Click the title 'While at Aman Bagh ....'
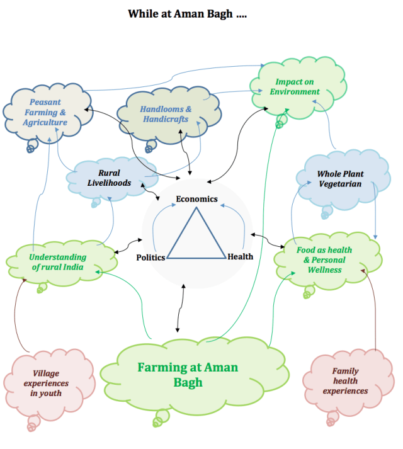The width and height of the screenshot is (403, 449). point(187,13)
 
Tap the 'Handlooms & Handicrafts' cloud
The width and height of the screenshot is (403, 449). point(166,114)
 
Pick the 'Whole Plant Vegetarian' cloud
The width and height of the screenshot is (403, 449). point(340,178)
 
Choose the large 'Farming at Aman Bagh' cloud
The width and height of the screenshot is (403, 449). point(188,374)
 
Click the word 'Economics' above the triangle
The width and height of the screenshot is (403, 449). point(196,200)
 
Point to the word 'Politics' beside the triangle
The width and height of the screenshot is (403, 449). point(150,257)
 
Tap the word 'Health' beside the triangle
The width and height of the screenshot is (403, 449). point(241,256)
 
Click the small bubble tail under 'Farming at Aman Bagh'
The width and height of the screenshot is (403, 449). point(161,416)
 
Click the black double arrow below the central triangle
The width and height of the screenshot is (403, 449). point(180,309)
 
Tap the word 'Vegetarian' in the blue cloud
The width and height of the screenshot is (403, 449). point(340,184)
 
